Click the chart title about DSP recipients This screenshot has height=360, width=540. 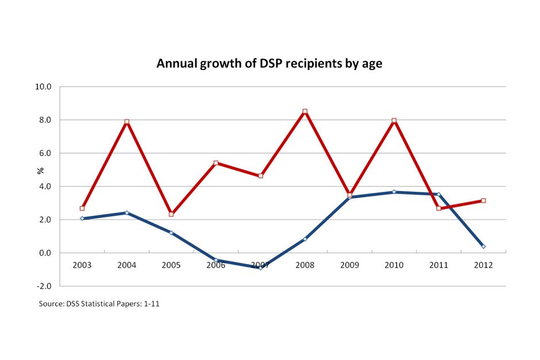click(269, 64)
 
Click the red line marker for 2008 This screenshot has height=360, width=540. click(305, 111)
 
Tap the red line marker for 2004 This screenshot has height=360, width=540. click(126, 122)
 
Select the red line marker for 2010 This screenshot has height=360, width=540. click(394, 121)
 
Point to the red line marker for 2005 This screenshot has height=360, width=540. click(171, 214)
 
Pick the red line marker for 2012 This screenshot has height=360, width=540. click(483, 200)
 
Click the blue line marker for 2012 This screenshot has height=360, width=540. click(483, 246)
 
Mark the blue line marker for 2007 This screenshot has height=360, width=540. click(260, 268)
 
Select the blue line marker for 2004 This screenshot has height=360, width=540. click(126, 212)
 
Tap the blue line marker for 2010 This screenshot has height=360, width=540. click(394, 192)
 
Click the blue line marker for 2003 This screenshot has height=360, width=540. click(82, 218)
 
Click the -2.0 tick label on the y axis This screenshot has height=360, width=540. click(44, 286)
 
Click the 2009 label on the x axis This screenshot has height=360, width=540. click(349, 265)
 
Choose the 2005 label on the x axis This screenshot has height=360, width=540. click(171, 265)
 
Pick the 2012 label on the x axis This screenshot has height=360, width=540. click(483, 265)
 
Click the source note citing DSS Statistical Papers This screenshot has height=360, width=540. click(99, 304)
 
